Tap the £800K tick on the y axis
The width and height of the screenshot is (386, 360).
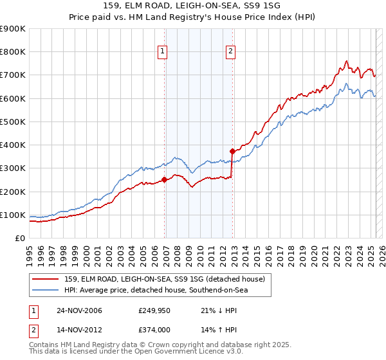click(x=13, y=51)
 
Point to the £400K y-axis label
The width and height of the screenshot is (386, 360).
click(x=13, y=145)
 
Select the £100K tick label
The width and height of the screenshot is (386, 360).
click(x=13, y=215)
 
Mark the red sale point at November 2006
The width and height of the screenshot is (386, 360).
click(x=165, y=180)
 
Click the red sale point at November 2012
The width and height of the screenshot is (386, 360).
click(x=232, y=151)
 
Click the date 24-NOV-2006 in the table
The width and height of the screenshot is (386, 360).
click(x=80, y=310)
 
